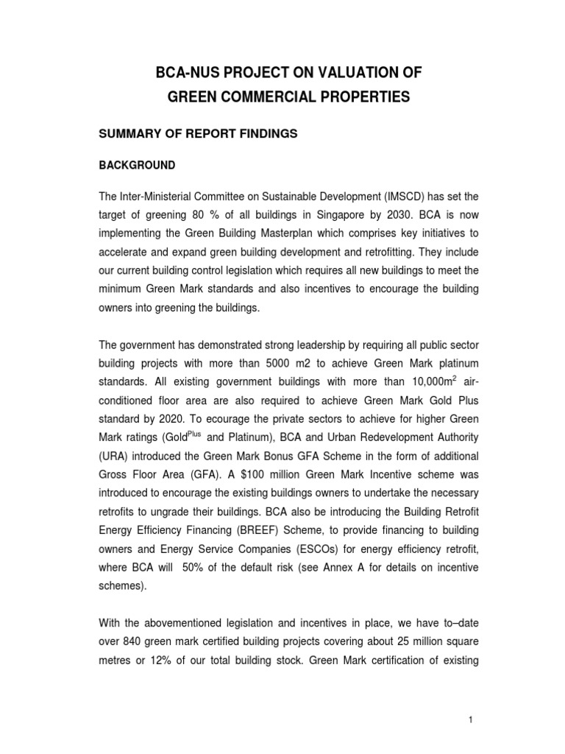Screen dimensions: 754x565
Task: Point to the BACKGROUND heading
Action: (x=138, y=166)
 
